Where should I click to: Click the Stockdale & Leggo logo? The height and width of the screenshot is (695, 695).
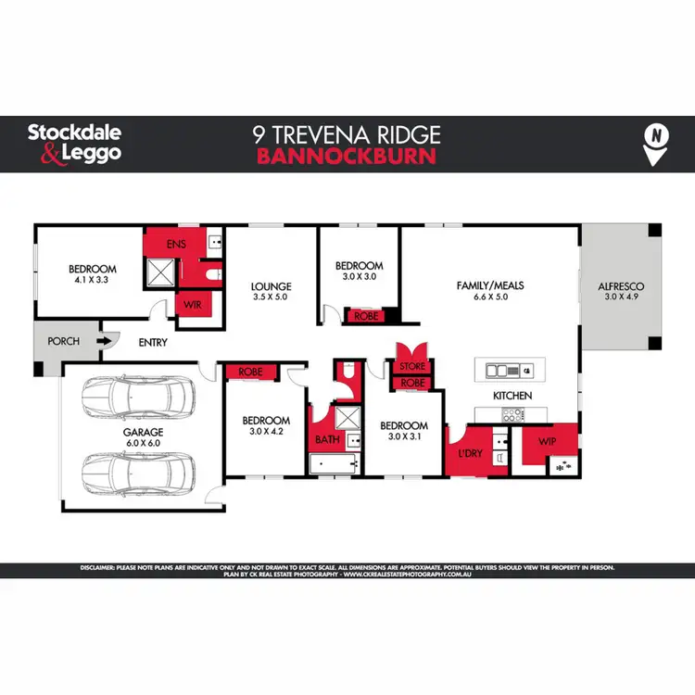[74, 143]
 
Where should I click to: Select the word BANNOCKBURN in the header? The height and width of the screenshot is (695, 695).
[346, 156]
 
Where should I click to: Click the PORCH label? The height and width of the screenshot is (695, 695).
[64, 341]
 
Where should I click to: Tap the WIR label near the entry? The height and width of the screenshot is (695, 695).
[194, 303]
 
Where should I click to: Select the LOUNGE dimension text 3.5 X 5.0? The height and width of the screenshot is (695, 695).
[270, 298]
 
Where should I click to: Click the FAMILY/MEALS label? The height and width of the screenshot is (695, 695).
[490, 285]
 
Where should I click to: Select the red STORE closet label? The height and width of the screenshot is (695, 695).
[412, 367]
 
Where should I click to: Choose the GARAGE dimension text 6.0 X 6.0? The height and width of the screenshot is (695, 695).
[144, 443]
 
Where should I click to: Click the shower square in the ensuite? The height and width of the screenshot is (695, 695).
[159, 272]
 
